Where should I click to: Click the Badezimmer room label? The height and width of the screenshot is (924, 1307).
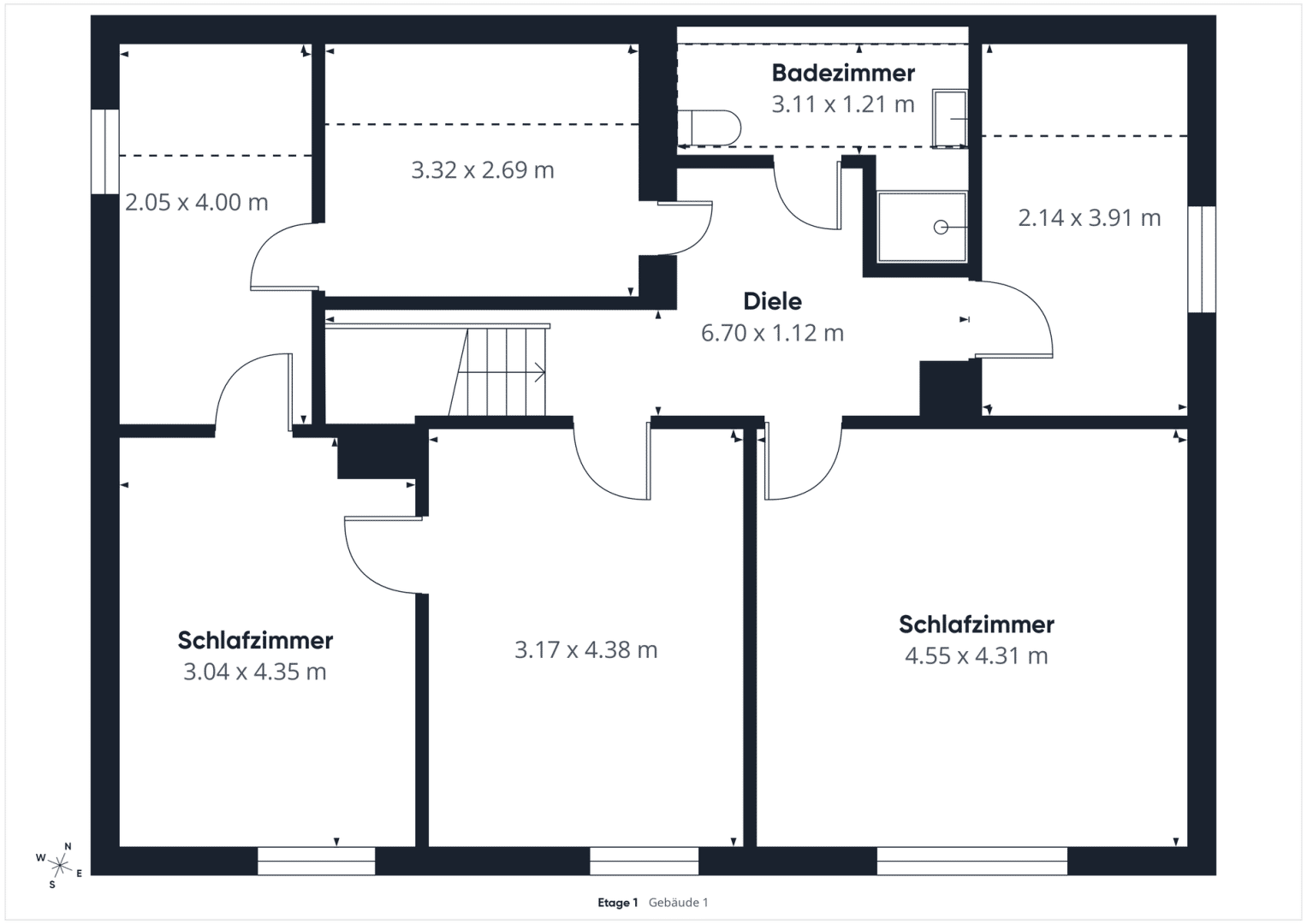[x=843, y=74]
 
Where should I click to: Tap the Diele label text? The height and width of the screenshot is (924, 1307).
[x=773, y=301]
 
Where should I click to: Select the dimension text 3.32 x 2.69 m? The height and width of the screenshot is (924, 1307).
[x=483, y=170]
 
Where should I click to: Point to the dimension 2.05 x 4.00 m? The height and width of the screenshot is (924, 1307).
[x=197, y=203]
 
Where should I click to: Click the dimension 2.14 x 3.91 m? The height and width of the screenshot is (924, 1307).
[x=1090, y=218]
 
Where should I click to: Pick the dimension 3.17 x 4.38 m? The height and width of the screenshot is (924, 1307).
[x=585, y=650]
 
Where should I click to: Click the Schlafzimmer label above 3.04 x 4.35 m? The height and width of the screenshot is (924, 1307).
[x=256, y=641]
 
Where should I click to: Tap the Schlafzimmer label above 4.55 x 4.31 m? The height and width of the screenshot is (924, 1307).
[x=977, y=625]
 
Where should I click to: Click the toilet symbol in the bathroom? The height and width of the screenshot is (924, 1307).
[x=710, y=127]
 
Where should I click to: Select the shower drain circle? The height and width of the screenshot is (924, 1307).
[x=941, y=227]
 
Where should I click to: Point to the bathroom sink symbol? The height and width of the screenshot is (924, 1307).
[x=950, y=118]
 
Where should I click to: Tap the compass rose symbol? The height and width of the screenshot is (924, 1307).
[x=60, y=865]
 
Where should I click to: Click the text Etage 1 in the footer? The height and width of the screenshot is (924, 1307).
[x=617, y=903]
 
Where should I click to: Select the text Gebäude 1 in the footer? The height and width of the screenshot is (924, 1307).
[x=678, y=903]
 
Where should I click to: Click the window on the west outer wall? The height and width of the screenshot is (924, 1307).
[x=105, y=151]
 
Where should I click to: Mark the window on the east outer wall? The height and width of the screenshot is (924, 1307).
[x=1202, y=259]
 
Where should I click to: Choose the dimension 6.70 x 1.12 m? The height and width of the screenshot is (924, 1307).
[x=773, y=333]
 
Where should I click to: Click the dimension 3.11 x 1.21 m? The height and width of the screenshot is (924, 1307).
[x=843, y=104]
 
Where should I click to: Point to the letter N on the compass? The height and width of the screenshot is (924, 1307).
[x=68, y=846]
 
